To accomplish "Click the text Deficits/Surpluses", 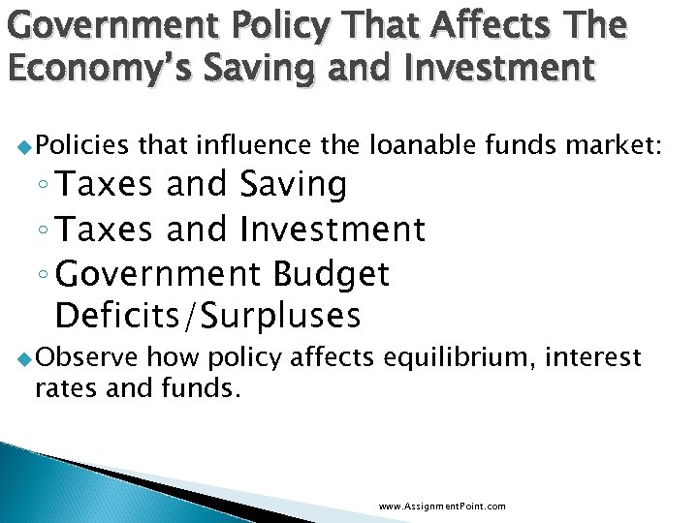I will click(x=208, y=315).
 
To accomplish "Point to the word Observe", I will click(x=83, y=357).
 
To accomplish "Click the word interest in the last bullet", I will click(x=594, y=357).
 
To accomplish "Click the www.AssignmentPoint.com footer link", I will click(x=442, y=506).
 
